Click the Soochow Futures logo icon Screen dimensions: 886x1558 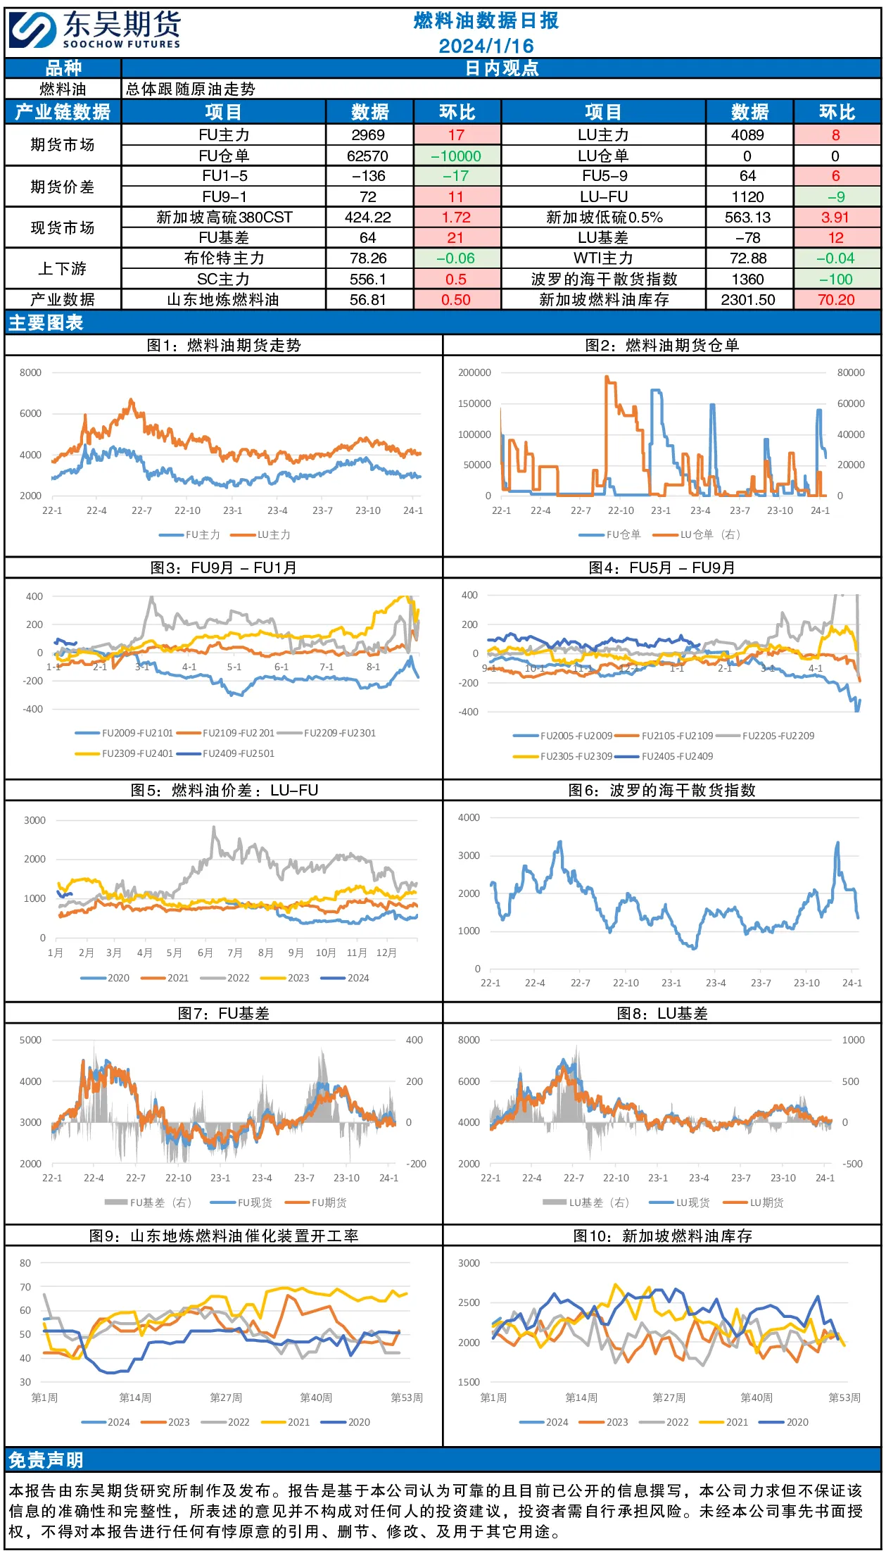click(32, 30)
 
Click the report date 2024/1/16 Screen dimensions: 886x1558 click(486, 46)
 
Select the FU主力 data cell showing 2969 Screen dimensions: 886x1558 click(368, 134)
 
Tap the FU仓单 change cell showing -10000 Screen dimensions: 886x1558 click(456, 156)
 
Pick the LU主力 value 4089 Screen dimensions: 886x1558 click(747, 134)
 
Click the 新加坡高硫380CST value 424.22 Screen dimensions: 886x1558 click(368, 218)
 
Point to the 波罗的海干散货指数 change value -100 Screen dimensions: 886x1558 click(836, 279)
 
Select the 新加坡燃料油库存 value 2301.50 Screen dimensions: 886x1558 click(748, 300)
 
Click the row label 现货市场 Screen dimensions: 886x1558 click(63, 227)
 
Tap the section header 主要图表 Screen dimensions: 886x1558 click(46, 322)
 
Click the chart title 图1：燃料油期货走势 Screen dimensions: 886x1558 click(224, 345)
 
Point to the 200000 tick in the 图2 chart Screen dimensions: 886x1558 click(474, 372)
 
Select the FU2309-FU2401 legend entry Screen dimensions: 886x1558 click(124, 753)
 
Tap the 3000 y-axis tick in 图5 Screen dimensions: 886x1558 click(34, 820)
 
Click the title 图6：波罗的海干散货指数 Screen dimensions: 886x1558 click(662, 790)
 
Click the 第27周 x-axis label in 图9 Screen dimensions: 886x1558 click(226, 1397)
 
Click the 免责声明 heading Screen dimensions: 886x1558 click(46, 1460)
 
